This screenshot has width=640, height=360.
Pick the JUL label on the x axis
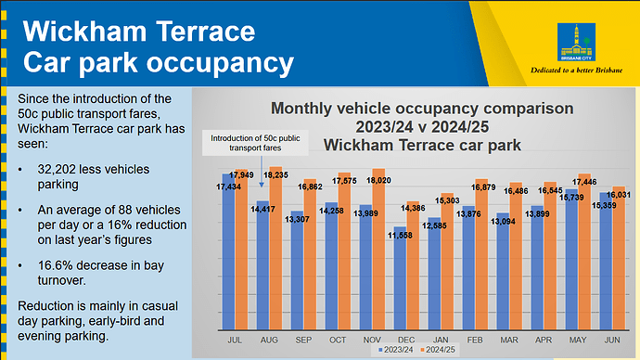click(235, 340)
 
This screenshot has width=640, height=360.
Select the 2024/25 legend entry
click(441, 351)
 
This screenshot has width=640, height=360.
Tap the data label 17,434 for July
click(228, 187)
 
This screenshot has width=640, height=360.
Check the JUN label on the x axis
click(611, 340)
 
